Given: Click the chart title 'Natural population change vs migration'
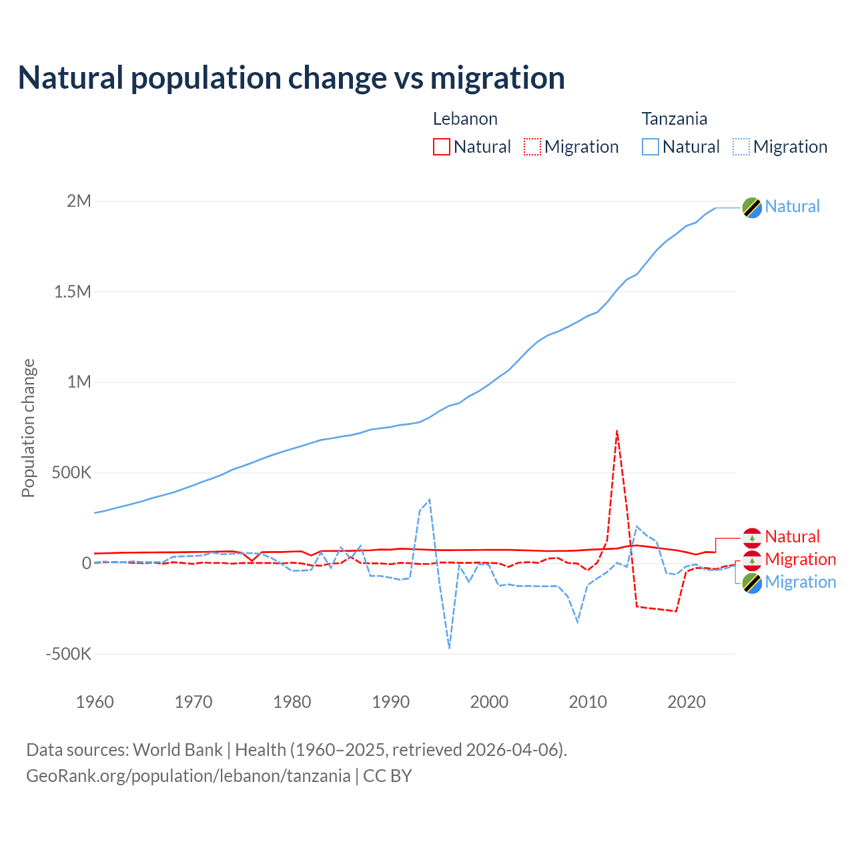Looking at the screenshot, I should coord(292,78).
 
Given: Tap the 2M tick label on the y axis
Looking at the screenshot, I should coord(79,201).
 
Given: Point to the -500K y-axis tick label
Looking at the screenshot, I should coord(69,654).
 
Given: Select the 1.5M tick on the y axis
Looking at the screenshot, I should coord(73,292).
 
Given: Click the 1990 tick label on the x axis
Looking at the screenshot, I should coord(391,702).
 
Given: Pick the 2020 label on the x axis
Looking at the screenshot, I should coord(687,702).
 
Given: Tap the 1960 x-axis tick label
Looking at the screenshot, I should coord(95,702).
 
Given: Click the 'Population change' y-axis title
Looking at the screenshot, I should coord(28,428).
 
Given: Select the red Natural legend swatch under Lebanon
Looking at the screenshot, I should coord(442,147).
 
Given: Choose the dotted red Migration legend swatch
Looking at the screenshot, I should coord(532,147).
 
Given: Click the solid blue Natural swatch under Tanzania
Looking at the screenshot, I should coord(651,147).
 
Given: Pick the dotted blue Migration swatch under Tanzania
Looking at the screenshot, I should coord(741,147).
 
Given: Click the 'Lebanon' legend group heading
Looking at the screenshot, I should coord(465,119).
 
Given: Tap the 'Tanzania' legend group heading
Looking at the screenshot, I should coord(674,119).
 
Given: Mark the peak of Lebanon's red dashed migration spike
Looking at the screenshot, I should coord(617,431).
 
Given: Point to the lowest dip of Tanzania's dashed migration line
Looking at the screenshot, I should coord(450,647).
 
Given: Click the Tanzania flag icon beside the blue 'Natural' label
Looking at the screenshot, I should coord(752,207).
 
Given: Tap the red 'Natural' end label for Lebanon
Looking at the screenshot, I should coord(792,536).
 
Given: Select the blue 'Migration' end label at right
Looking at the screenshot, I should coord(800,582).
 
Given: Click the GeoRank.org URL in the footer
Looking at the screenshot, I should coord(188,776).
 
